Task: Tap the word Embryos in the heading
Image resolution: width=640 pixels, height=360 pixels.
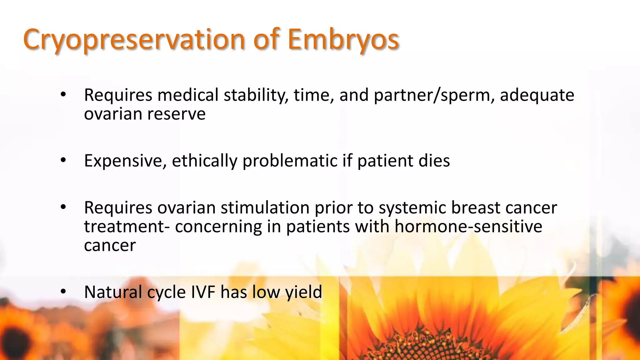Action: (x=343, y=40)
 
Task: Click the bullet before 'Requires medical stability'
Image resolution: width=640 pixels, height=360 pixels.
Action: (x=63, y=94)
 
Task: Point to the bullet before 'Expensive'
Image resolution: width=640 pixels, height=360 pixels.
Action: (x=63, y=160)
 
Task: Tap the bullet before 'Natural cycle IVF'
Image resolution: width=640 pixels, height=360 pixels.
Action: (x=63, y=292)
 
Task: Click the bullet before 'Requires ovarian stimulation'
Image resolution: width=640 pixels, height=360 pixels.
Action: (x=63, y=207)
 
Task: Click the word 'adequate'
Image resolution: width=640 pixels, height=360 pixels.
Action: (x=537, y=95)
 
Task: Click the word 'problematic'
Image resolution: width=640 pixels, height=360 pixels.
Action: (x=290, y=161)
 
